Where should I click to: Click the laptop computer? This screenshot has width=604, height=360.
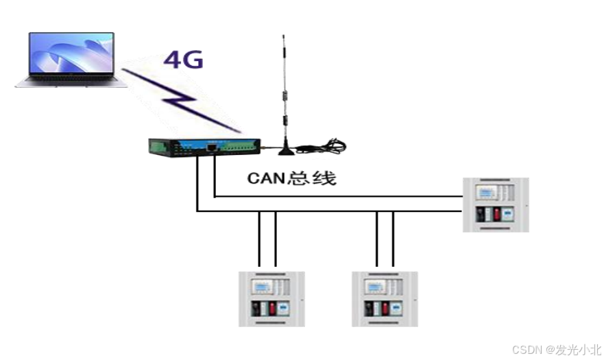coord(71,60)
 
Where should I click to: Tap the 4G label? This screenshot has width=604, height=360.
coord(183,60)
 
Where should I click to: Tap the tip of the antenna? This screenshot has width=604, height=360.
coord(283,36)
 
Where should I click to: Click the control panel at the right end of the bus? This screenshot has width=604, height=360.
coord(496,204)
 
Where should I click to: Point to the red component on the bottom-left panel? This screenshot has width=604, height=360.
coord(271,308)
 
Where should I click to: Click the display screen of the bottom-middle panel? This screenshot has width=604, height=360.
coord(376,286)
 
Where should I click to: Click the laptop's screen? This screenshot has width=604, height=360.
coord(72,54)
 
